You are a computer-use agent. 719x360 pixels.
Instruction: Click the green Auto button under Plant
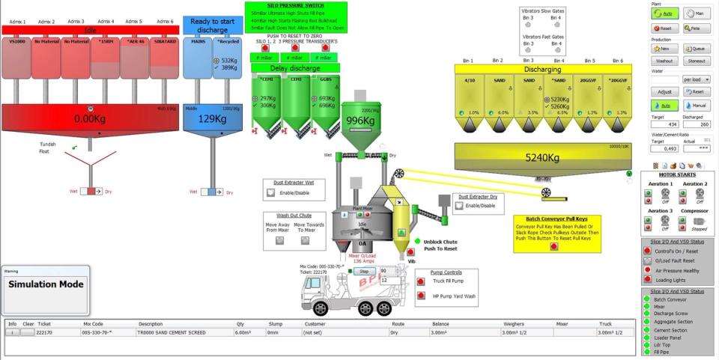pyautogui.click(x=665, y=13)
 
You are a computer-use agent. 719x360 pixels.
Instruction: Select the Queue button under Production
pyautogui.click(x=696, y=48)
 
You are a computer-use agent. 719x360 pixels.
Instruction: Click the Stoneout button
pyautogui.click(x=696, y=61)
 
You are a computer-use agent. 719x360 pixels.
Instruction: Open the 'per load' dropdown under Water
pyautogui.click(x=696, y=79)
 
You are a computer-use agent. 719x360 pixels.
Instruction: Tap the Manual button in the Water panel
pyautogui.click(x=696, y=106)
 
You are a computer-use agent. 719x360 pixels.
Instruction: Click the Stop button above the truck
pyautogui.click(x=364, y=271)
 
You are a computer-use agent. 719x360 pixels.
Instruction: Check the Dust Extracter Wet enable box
pyautogui.click(x=271, y=192)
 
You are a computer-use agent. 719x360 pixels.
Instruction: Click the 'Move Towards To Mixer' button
pyautogui.click(x=303, y=241)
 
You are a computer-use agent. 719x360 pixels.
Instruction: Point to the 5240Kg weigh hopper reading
pyautogui.click(x=542, y=158)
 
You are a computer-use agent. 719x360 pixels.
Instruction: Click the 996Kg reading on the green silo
pyautogui.click(x=359, y=121)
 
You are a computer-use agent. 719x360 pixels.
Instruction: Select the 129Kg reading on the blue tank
pyautogui.click(x=211, y=118)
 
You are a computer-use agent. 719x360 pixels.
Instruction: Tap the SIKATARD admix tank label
pyautogui.click(x=165, y=42)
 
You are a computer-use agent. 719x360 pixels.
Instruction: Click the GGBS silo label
pyautogui.click(x=326, y=78)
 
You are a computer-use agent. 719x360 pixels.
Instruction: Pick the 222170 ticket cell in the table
pyautogui.click(x=45, y=332)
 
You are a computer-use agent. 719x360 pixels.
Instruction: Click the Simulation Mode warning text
pyautogui.click(x=45, y=284)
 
